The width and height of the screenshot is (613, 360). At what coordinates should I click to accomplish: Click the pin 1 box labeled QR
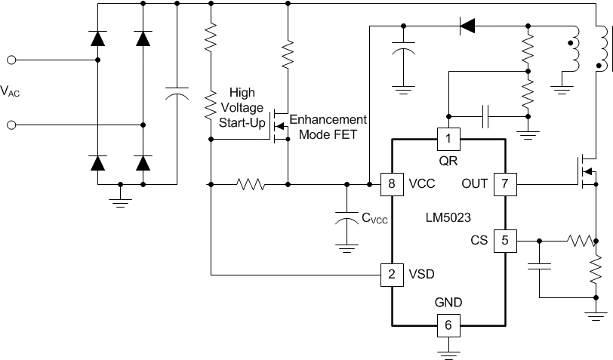[448, 138]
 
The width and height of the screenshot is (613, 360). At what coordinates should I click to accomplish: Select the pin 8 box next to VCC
[391, 183]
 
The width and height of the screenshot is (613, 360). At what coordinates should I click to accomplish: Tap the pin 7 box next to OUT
[504, 183]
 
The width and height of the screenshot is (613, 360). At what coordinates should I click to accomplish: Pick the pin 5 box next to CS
[504, 242]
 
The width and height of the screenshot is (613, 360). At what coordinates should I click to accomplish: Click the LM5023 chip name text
[448, 217]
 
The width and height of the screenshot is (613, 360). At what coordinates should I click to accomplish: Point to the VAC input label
[15, 91]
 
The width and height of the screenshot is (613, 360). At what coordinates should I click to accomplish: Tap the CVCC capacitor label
[376, 219]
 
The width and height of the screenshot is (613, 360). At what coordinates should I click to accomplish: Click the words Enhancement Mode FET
[328, 127]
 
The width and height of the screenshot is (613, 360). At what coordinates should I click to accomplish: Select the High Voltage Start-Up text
[242, 108]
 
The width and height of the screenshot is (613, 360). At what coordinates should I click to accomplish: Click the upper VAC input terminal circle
[11, 59]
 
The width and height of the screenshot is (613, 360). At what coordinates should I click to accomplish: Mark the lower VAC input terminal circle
[11, 125]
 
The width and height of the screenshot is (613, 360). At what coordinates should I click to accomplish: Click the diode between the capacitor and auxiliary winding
[467, 27]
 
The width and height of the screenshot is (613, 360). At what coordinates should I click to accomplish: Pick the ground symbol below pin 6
[448, 349]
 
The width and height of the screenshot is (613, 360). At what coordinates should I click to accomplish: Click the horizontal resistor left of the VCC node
[250, 183]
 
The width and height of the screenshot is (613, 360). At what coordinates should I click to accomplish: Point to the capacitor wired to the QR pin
[487, 116]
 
